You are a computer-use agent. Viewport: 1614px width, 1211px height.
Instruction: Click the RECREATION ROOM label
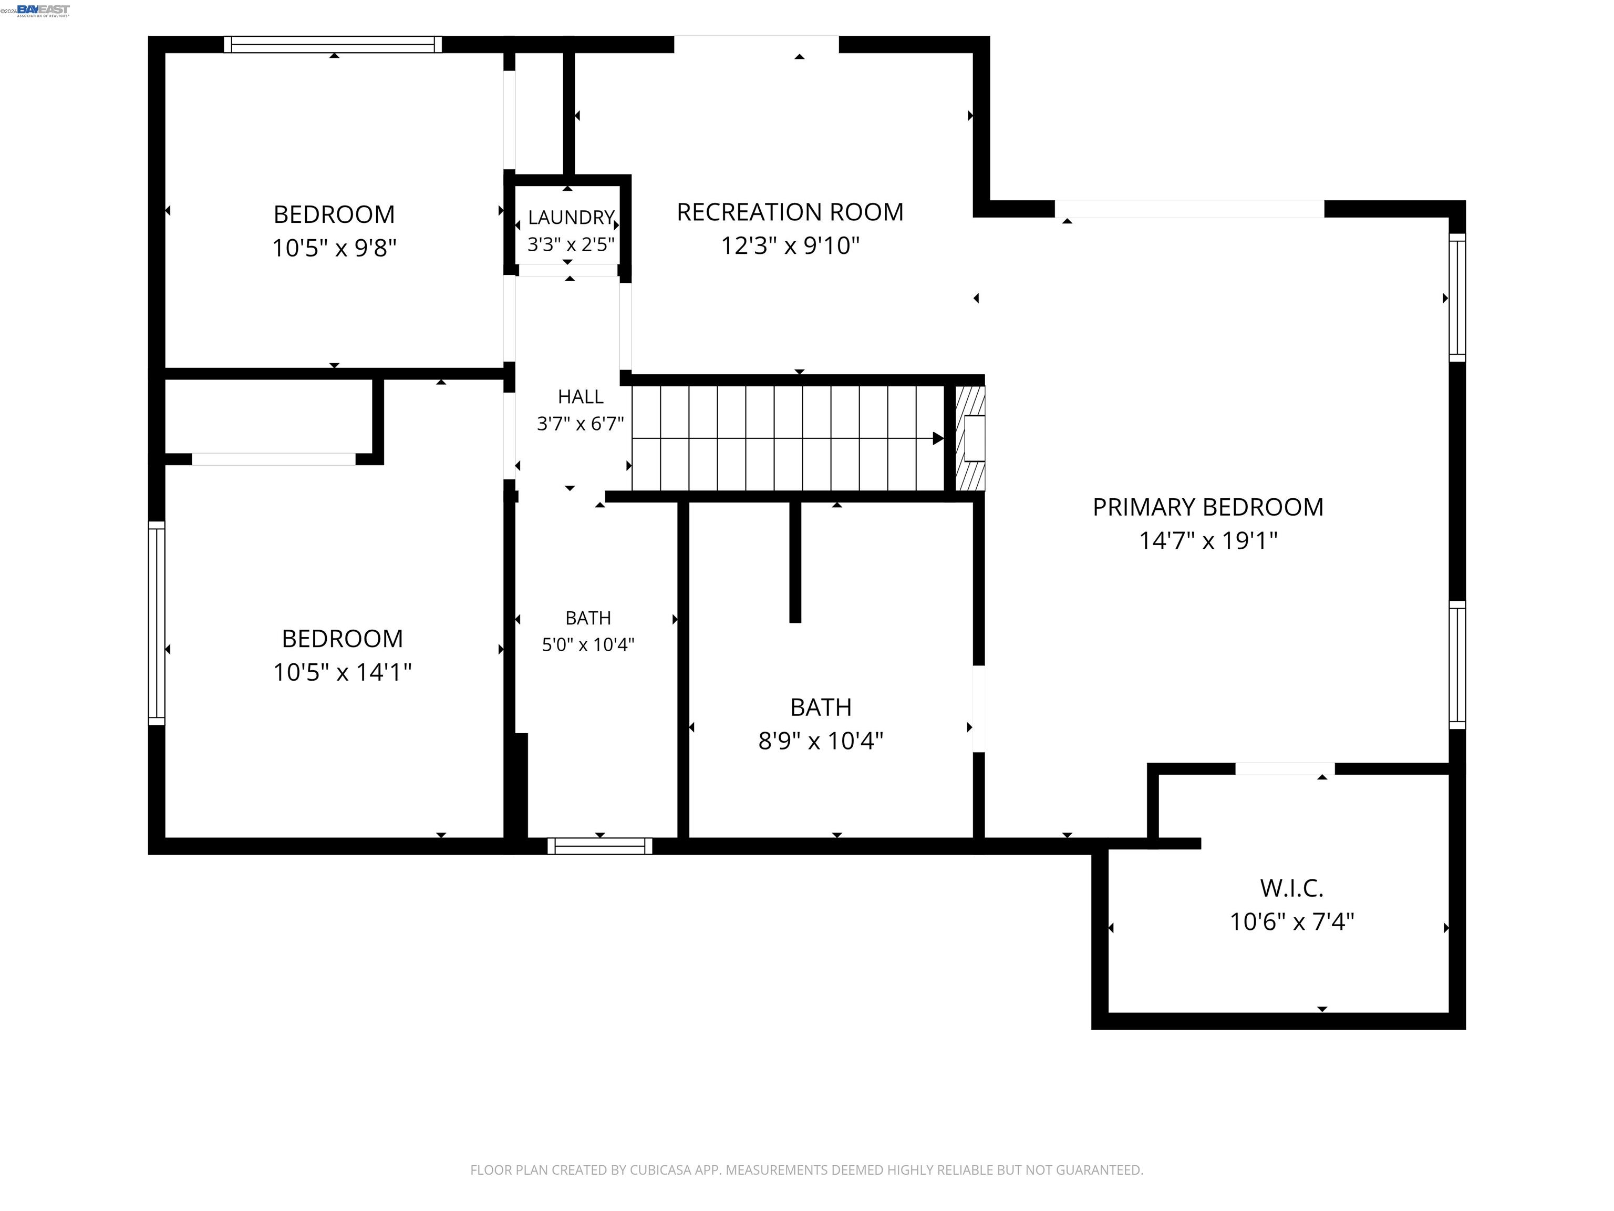pos(790,212)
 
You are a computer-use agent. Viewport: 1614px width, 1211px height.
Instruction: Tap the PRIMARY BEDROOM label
pos(1207,507)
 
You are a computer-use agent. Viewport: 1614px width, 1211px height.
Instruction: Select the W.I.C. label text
pos(1291,888)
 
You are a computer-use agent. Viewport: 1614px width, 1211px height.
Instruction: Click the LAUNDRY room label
pos(571,218)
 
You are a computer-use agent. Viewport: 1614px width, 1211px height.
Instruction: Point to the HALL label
pos(581,396)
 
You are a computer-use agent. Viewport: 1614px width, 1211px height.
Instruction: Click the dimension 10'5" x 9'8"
pos(334,248)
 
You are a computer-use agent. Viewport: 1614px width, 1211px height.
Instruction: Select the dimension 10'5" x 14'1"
pos(342,672)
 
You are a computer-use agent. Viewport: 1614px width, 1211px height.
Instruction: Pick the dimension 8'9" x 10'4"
pos(821,741)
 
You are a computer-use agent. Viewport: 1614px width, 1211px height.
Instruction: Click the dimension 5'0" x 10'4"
pos(588,644)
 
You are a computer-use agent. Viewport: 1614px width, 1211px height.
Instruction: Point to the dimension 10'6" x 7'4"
pos(1291,922)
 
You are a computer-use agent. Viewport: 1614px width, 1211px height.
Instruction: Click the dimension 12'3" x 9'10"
pos(790,246)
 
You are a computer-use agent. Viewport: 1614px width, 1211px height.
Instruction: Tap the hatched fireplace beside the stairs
pos(970,438)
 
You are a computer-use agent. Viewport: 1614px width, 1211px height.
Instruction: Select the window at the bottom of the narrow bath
pos(600,846)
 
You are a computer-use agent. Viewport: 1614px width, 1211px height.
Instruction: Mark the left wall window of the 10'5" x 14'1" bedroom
pos(156,623)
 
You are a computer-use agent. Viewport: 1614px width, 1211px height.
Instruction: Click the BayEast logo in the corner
pos(43,10)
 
